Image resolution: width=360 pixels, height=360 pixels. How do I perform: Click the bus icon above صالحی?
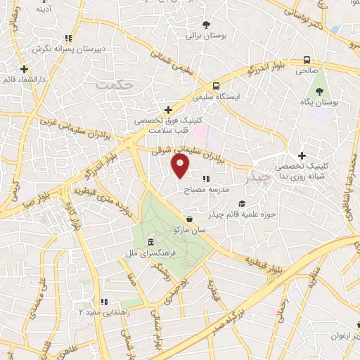point(306,60)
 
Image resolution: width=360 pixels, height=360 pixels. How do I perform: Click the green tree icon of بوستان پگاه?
point(319,90)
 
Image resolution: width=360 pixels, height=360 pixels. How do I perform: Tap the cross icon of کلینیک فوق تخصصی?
point(167,110)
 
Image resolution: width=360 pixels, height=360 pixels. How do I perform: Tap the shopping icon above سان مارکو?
point(191,219)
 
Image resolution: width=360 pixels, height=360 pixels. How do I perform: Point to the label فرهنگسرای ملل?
point(166,252)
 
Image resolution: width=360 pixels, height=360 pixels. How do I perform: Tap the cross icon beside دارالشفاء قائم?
point(25,69)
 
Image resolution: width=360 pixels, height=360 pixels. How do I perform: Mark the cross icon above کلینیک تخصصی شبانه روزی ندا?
point(302,155)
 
